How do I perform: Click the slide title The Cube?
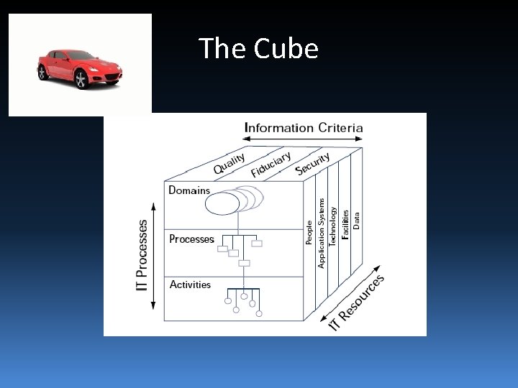(258, 49)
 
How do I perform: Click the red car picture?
(79, 65)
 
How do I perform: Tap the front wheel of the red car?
(81, 79)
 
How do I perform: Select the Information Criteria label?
(304, 129)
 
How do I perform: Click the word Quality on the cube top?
(230, 164)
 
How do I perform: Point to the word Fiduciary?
(271, 164)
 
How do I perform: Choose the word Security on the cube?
(313, 163)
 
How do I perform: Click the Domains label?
(189, 190)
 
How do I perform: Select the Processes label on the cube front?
(191, 239)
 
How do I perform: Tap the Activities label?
(190, 285)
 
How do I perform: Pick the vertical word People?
(309, 233)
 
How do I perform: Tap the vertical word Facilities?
(345, 224)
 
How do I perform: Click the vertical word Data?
(357, 215)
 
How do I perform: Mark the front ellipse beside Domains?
(221, 203)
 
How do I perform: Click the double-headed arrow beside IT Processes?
(154, 255)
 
